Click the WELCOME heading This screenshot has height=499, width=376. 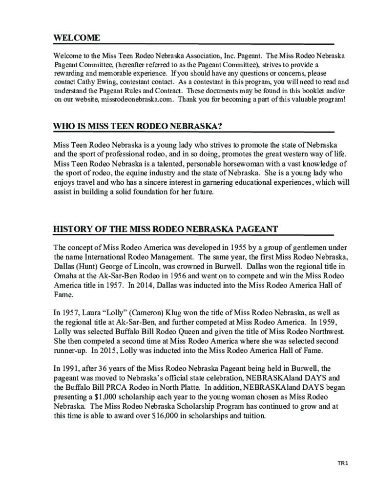77,38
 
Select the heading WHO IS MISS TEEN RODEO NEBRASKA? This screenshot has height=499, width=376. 138,127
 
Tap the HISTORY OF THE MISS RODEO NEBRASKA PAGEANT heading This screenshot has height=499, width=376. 166,229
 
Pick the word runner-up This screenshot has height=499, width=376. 70,350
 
